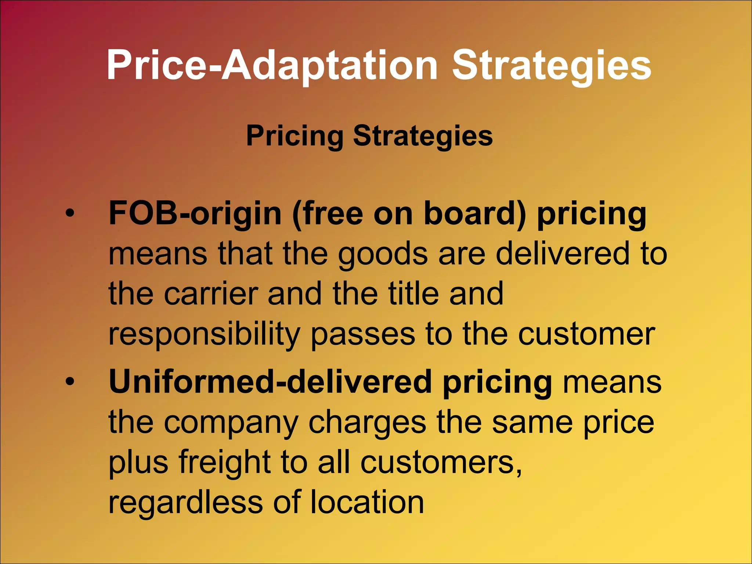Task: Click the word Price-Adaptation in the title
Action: point(272,66)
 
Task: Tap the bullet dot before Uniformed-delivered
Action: point(70,382)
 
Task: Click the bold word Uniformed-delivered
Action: point(270,382)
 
